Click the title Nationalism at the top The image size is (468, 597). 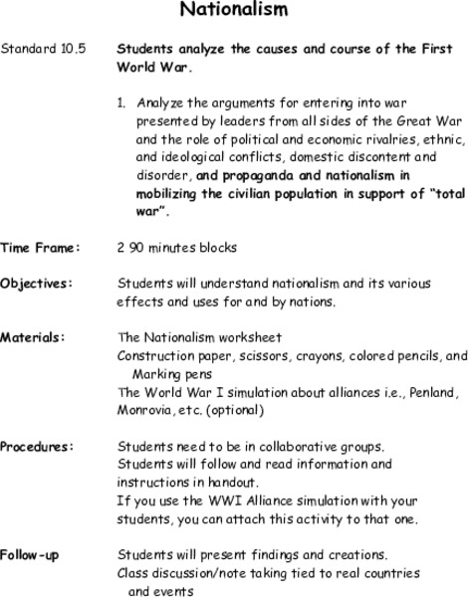[x=234, y=10]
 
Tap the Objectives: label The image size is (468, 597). [x=37, y=284]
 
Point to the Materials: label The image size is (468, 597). [x=36, y=337]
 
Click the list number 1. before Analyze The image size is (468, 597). [x=122, y=102]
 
